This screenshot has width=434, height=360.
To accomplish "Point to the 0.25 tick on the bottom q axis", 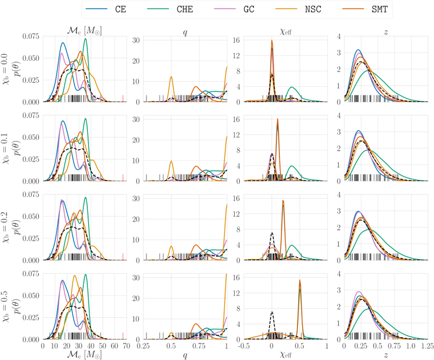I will (x=144, y=345).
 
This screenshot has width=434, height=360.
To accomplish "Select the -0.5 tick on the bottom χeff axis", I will (x=244, y=345).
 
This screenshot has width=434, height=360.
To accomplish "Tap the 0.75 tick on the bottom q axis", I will (x=199, y=345).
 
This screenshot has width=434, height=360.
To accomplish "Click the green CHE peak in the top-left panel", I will (x=86, y=39).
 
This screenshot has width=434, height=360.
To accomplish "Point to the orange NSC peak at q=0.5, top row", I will (x=171, y=76).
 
